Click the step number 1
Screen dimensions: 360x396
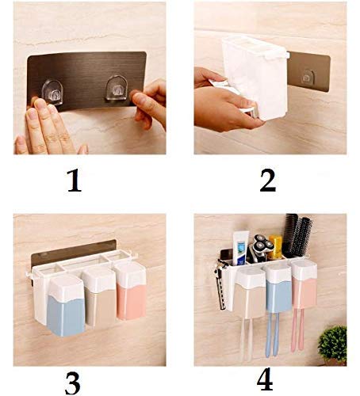tap(75, 181)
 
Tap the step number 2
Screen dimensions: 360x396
tap(268, 180)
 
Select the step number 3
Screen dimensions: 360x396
tap(72, 383)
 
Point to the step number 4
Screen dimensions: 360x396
tap(265, 379)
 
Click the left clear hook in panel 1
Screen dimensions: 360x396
tap(52, 92)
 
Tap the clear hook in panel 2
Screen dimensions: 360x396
tap(308, 77)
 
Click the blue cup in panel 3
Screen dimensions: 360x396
tap(67, 307)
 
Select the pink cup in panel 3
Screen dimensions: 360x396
tap(131, 291)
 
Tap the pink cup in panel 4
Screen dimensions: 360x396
tap(304, 284)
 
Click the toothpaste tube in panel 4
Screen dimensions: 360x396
tap(241, 248)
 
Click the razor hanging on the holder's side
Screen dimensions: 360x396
tap(221, 284)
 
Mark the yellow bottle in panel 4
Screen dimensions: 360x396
tap(275, 246)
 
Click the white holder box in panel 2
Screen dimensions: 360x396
tap(255, 77)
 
